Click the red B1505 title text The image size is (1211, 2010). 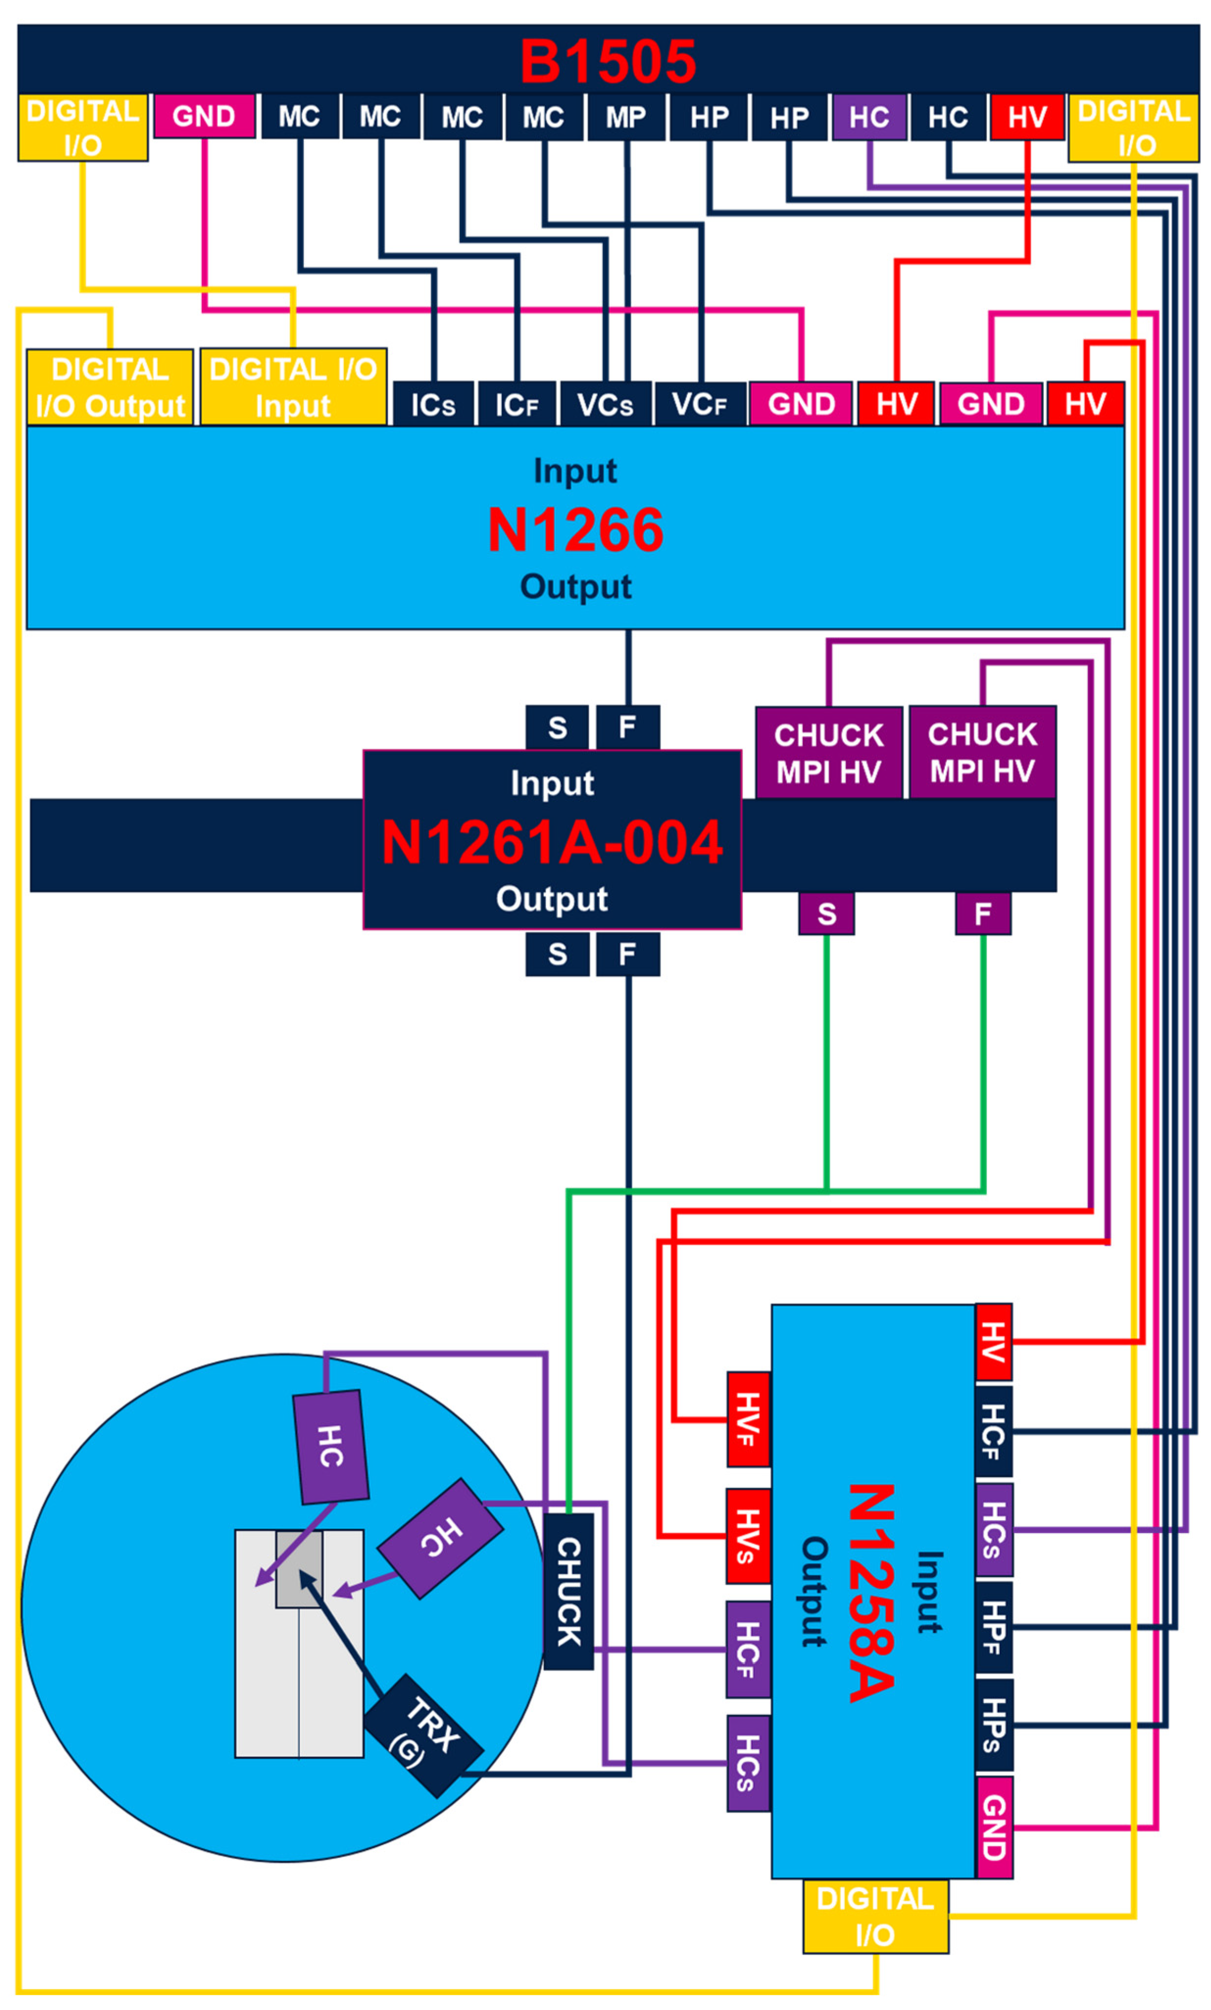608,62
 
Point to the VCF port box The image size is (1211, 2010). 699,404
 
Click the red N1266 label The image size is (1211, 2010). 575,530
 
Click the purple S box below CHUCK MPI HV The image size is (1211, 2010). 827,914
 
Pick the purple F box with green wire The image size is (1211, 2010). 983,914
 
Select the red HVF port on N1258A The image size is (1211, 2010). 748,1420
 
